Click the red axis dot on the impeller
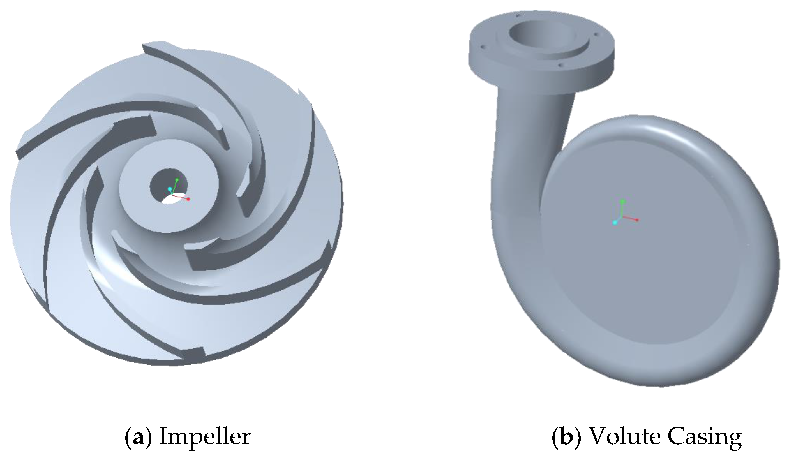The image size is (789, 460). point(188,199)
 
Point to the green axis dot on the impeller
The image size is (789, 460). point(177,180)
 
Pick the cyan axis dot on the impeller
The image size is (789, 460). point(170,189)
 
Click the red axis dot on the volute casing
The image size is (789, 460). point(637,220)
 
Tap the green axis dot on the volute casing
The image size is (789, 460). point(623,201)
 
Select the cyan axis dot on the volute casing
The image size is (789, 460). point(615,223)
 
